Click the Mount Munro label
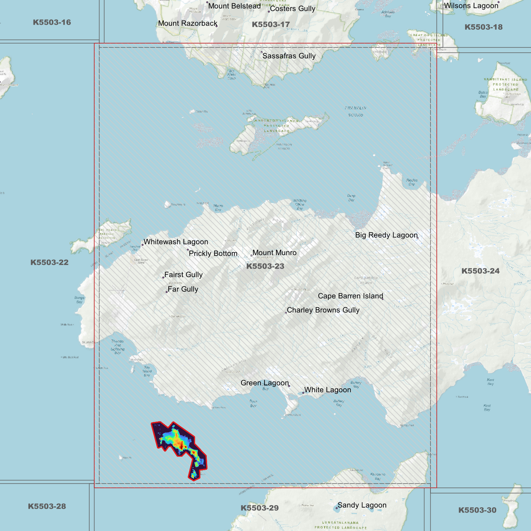coord(274,253)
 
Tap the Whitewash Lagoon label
coord(176,242)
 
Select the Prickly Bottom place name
coord(213,254)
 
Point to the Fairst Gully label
coord(183,275)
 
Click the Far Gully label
coord(183,290)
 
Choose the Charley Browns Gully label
coord(323,310)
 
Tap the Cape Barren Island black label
coord(350,296)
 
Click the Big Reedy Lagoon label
coord(386,235)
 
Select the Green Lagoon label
coord(265,383)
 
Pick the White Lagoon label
coord(327,390)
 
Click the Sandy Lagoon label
coord(362,505)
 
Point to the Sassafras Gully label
coord(289,56)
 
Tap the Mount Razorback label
coord(188,24)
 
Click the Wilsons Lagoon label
coord(471,6)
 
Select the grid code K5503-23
coord(265,266)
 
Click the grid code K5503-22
coord(49,262)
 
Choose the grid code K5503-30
coord(477,510)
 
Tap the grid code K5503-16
coord(52,22)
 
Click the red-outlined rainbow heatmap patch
coord(178,443)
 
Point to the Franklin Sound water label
coord(355,111)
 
